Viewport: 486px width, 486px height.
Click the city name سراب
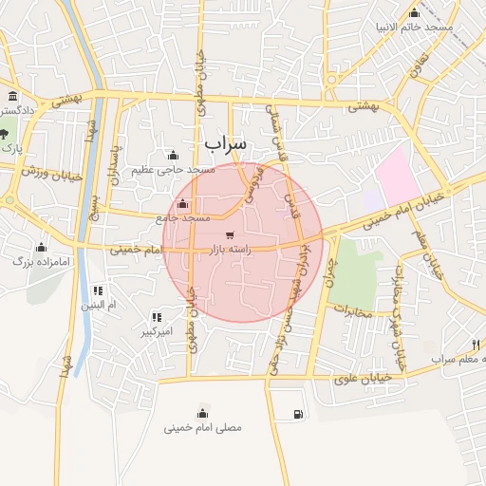pyautogui.click(x=225, y=142)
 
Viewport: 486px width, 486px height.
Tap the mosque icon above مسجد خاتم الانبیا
pyautogui.click(x=414, y=13)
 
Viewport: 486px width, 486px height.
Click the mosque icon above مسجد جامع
pyautogui.click(x=182, y=204)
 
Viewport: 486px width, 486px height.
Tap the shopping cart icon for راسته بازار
pyautogui.click(x=229, y=234)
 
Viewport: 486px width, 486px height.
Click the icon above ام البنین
pyautogui.click(x=96, y=290)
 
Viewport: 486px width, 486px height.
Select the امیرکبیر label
pyautogui.click(x=156, y=331)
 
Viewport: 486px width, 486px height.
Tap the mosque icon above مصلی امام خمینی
pyautogui.click(x=202, y=413)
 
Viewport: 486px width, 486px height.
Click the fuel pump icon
pyautogui.click(x=300, y=413)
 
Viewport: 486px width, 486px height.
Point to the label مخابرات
pyautogui.click(x=351, y=310)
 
